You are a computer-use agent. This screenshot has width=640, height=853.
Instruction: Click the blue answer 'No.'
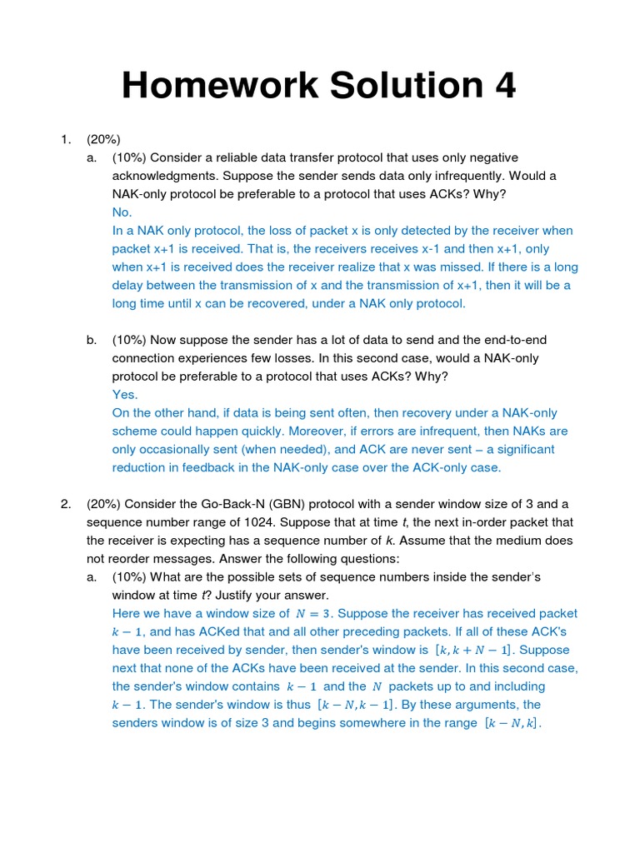click(122, 212)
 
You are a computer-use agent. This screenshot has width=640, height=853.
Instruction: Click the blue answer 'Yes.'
click(125, 395)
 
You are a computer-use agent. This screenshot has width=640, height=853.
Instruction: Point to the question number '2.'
click(66, 504)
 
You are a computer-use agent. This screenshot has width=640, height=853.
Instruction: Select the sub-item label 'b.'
click(92, 340)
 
